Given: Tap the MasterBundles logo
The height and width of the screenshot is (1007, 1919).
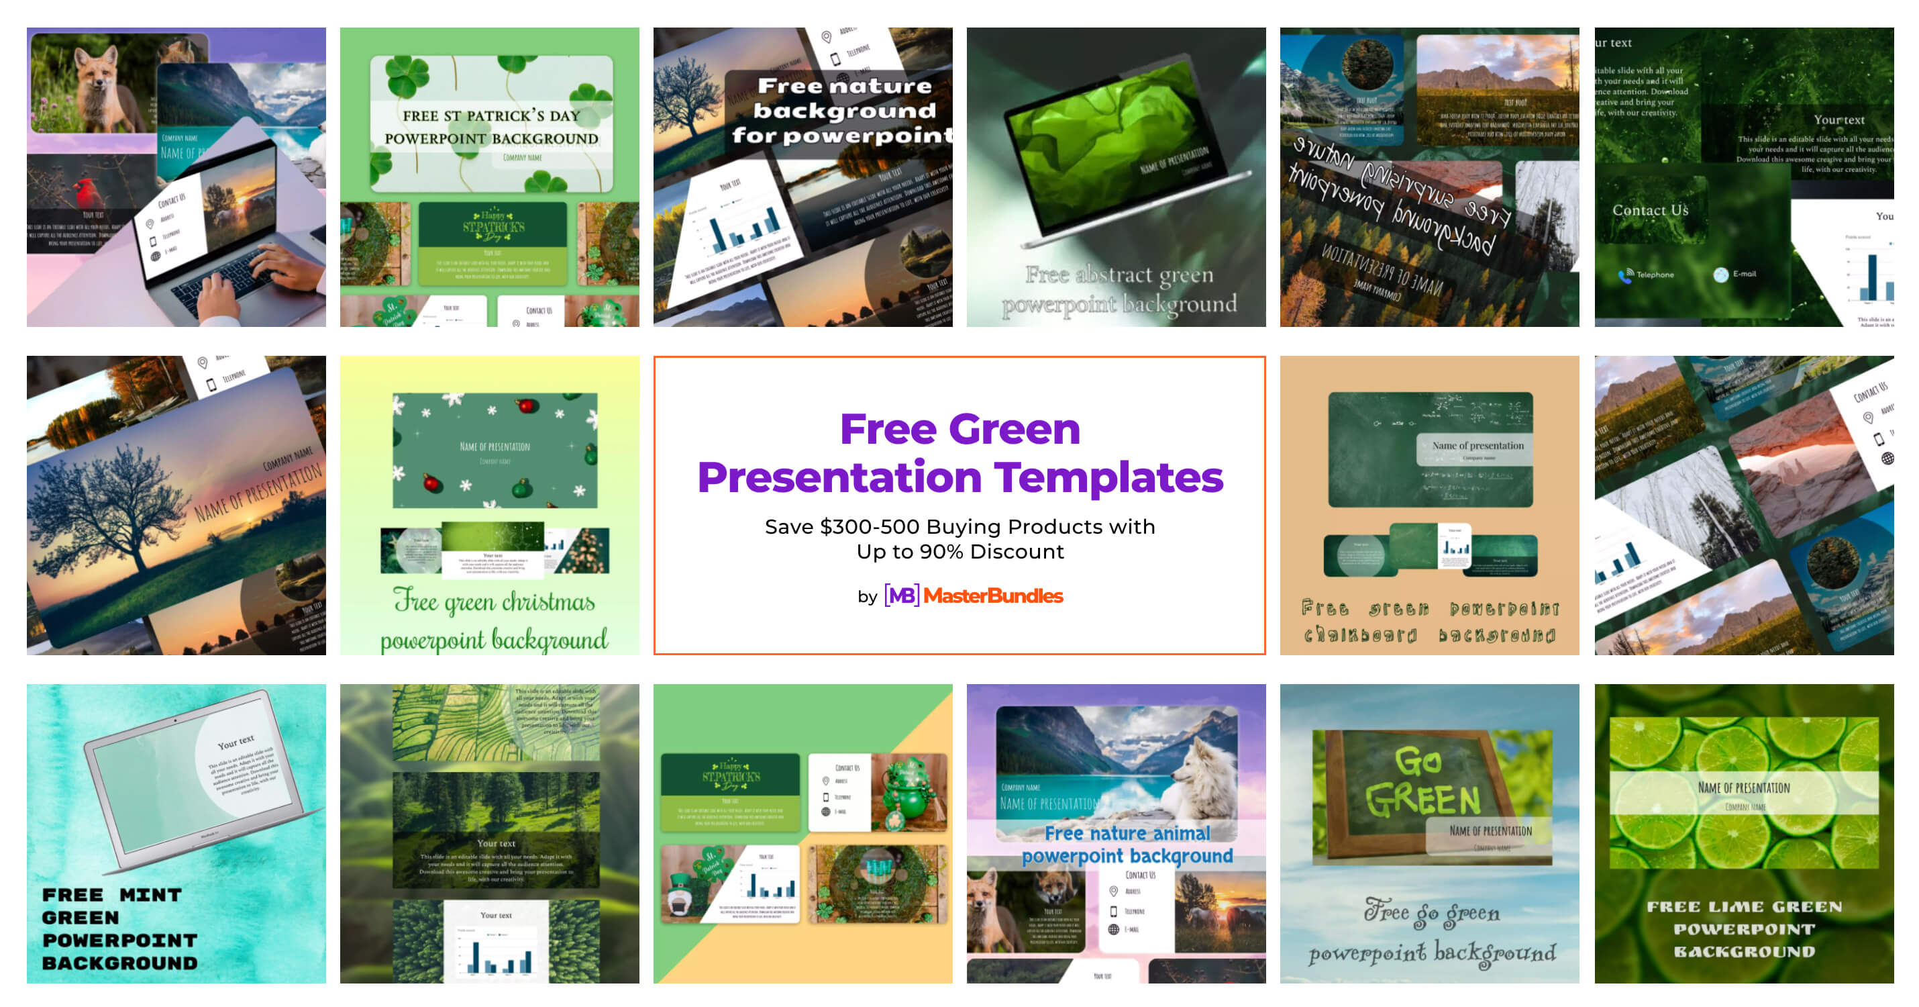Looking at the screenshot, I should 973,595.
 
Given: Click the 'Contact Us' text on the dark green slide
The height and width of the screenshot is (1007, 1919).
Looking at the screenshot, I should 1650,210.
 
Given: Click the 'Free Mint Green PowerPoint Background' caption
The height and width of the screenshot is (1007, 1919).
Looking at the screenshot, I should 119,928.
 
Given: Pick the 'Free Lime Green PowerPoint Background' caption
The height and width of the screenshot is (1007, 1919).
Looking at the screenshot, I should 1743,928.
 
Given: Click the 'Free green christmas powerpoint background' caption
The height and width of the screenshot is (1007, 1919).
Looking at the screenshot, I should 493,620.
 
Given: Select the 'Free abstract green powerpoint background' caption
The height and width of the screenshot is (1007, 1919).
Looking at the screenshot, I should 1119,289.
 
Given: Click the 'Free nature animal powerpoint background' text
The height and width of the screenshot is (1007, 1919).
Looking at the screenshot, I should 1127,844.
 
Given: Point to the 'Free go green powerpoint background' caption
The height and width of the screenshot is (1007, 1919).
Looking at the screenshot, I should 1431,932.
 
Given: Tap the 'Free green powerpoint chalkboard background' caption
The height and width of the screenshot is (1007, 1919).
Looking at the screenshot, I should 1429,622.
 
